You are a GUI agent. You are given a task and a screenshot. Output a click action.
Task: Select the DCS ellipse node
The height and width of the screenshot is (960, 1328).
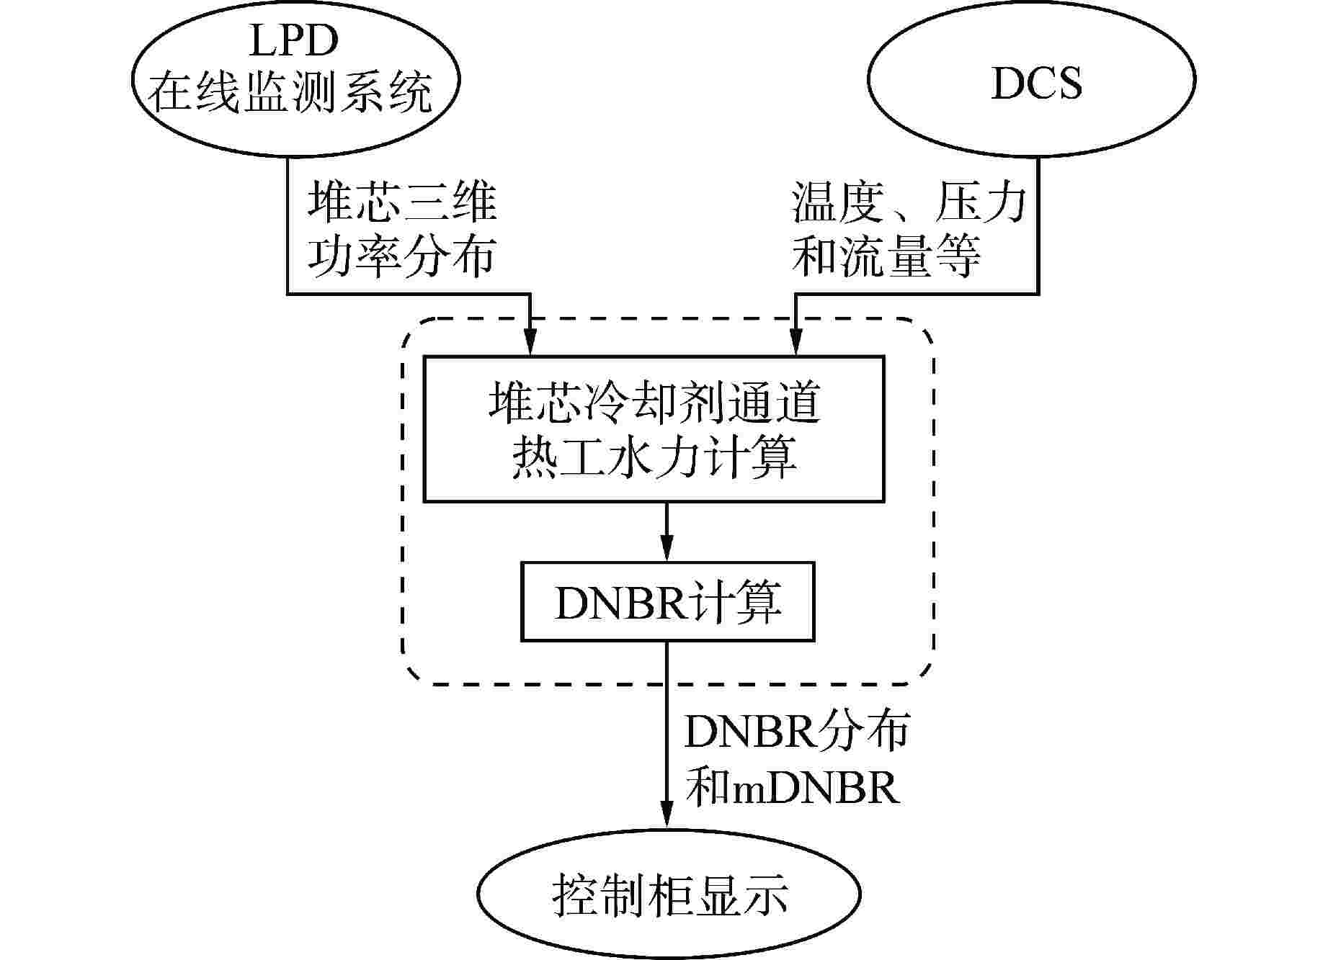(x=1032, y=79)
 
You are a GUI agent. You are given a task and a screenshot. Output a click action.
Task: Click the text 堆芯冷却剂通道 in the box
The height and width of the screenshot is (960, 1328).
(x=654, y=403)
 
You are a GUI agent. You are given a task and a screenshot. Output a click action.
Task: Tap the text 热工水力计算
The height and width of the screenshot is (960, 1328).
(x=654, y=457)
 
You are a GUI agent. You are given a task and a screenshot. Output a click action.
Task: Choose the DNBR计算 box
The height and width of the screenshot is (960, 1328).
(x=667, y=602)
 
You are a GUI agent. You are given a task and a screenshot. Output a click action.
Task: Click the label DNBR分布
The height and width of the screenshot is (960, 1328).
(x=797, y=732)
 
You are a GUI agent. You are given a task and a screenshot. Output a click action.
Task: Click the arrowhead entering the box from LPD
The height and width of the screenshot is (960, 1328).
(x=530, y=341)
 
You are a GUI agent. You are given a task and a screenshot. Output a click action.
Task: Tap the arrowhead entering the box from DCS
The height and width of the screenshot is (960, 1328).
(x=796, y=341)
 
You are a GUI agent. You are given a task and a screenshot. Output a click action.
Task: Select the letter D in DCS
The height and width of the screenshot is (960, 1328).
(x=1004, y=84)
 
